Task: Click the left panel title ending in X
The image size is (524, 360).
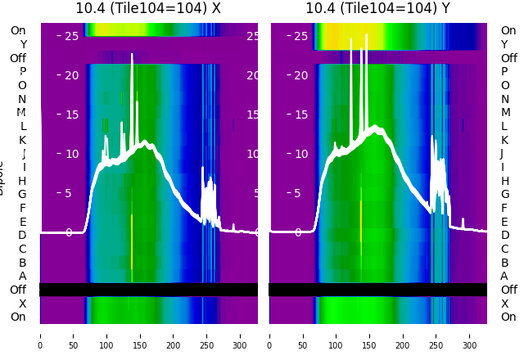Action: [x=148, y=8]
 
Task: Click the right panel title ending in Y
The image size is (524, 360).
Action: [x=378, y=8]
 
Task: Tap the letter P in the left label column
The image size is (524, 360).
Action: [x=22, y=72]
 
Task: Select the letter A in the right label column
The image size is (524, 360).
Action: [x=504, y=277]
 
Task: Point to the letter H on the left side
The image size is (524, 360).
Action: [x=22, y=181]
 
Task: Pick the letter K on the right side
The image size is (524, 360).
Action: [x=504, y=140]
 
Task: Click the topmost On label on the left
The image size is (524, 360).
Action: [x=18, y=31]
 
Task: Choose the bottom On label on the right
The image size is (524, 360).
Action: [x=508, y=317]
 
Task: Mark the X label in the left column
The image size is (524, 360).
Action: [x=22, y=304]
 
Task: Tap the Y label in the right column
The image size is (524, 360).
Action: [x=504, y=44]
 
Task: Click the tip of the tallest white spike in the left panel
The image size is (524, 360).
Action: [x=132, y=55]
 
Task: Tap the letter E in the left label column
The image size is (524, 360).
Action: [x=22, y=222]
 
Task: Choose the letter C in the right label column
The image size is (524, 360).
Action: [x=504, y=249]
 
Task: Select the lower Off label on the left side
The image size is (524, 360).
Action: [x=18, y=290]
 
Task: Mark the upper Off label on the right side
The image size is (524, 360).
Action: [x=508, y=58]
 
